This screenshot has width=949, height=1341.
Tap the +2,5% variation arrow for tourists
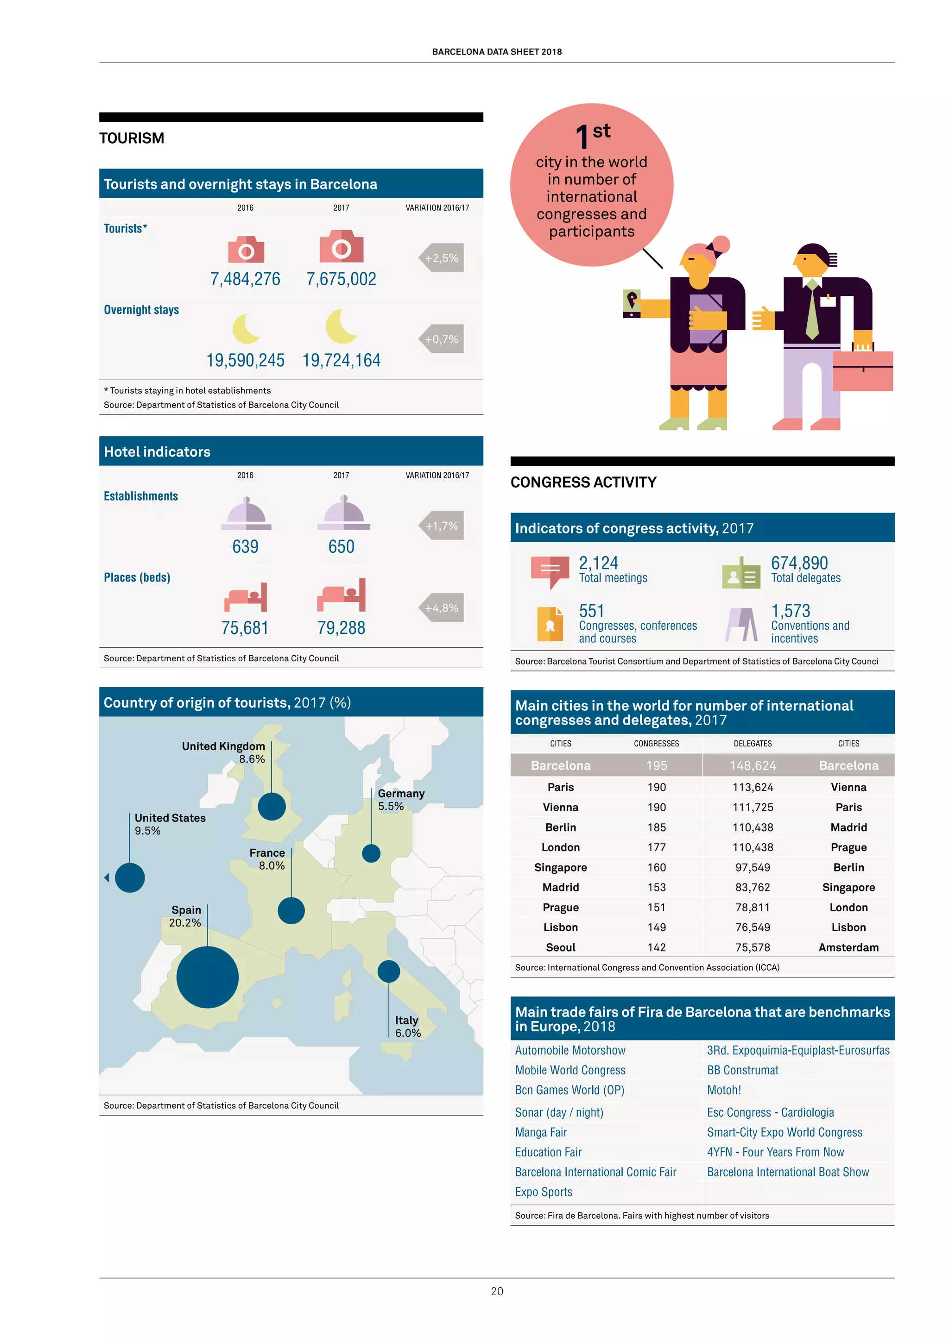coord(441,257)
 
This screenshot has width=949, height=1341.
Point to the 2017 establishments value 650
coord(341,547)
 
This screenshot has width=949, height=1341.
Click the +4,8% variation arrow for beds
coord(441,608)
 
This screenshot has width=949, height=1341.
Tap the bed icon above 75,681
coord(246,597)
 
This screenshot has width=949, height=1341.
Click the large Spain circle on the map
coord(208,977)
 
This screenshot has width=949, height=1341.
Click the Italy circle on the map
coord(389,971)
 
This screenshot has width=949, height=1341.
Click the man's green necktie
coord(812,310)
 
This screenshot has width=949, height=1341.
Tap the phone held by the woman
coord(632,304)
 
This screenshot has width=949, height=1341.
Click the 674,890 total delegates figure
coord(799,563)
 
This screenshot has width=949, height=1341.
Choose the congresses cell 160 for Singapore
coord(656,867)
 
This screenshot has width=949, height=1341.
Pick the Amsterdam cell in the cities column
coord(848,947)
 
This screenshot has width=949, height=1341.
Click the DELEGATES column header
coord(752,744)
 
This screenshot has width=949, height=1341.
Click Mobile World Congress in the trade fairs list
coord(570,1070)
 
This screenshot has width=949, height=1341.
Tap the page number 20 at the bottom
coord(497,1291)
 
